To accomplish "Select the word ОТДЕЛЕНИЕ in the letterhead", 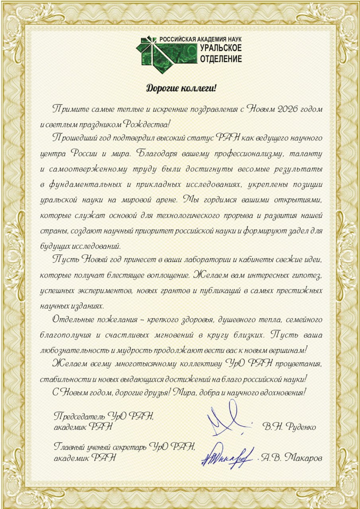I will pos(221,59).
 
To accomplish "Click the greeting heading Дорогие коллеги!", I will pos(180,88).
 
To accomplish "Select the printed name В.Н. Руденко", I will pos(290,427).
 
